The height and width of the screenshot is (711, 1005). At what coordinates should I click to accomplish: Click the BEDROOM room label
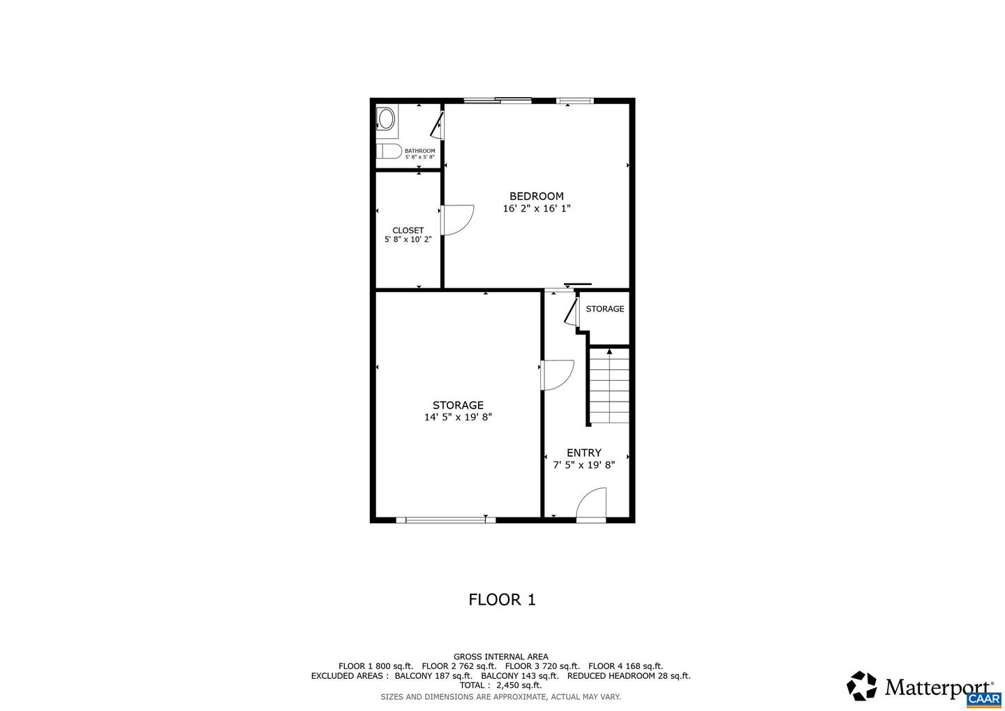(x=537, y=196)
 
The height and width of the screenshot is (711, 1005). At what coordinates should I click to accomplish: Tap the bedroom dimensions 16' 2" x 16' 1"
(x=537, y=208)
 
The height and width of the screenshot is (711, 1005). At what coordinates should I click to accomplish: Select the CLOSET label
(x=408, y=230)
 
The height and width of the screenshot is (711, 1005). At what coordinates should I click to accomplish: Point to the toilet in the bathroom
(x=389, y=152)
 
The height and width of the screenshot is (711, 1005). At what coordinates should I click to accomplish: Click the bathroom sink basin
(x=387, y=119)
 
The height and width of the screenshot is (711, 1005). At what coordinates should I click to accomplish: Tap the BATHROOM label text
(x=420, y=151)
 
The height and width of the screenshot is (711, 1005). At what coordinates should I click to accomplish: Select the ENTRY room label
(x=583, y=453)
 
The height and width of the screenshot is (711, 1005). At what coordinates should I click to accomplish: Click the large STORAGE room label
(x=458, y=405)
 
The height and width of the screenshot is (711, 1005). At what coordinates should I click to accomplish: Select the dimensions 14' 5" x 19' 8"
(x=458, y=417)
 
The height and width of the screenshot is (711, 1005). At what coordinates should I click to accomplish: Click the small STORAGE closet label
(x=605, y=309)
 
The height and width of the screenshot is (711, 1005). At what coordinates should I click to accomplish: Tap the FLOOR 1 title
(x=502, y=600)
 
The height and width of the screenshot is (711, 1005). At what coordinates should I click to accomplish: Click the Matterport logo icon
(x=861, y=685)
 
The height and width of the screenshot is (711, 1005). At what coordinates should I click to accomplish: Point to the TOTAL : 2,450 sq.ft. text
(x=500, y=685)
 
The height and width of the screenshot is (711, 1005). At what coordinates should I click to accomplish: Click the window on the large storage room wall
(x=445, y=520)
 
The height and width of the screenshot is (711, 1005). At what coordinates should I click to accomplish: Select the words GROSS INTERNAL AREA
(x=500, y=657)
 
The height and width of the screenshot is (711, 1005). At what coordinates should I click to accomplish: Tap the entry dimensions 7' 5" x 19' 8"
(x=583, y=465)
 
